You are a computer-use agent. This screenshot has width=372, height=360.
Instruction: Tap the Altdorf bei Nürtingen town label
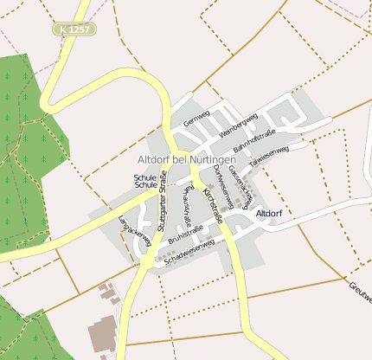(187, 160)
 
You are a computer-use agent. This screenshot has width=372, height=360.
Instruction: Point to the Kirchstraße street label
(212, 204)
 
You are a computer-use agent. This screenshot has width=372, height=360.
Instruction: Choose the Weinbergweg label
(239, 125)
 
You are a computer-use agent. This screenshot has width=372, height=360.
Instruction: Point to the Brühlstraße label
(185, 233)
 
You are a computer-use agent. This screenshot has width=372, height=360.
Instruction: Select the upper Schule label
(145, 177)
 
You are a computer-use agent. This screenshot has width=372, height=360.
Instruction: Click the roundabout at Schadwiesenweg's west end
(148, 260)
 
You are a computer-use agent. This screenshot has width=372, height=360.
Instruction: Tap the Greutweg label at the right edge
(361, 291)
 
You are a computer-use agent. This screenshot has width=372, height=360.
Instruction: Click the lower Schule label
(145, 185)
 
